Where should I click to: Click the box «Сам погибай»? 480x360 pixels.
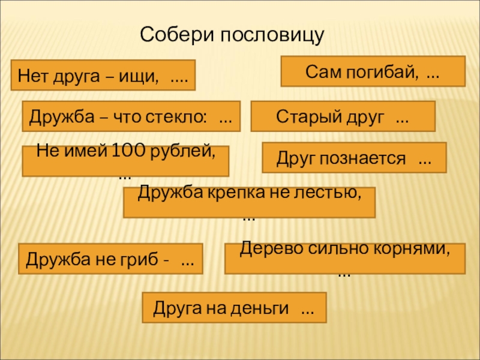point(373,71)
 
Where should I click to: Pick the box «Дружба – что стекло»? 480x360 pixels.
point(131,116)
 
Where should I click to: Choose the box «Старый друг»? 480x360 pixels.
point(343,116)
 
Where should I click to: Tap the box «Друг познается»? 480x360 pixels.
point(354,158)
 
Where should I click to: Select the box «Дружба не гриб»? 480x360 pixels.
point(111,259)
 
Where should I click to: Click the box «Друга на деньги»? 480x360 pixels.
point(234,308)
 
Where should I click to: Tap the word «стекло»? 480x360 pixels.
point(181,116)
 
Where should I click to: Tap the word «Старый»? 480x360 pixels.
point(302,116)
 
